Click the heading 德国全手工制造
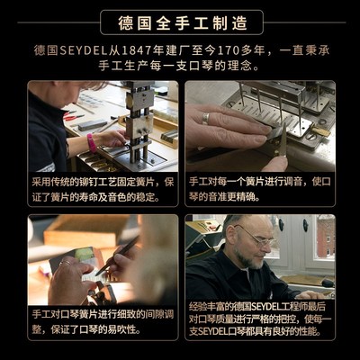point(180,22)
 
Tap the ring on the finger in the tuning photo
point(205,118)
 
